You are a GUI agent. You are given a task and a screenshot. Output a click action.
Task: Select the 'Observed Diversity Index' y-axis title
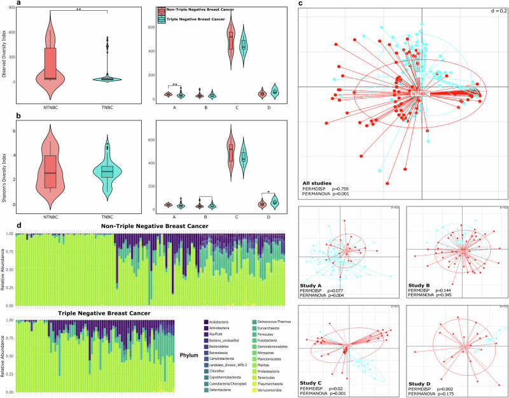(4, 53)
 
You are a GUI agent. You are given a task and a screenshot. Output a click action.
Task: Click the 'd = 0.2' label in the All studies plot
(497, 8)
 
